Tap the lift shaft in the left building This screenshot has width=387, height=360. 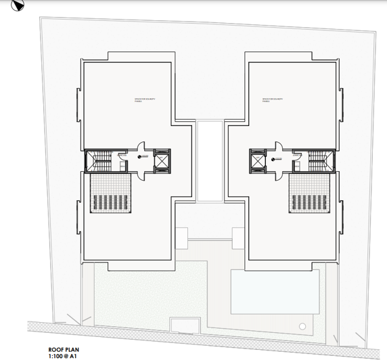pos(162,160)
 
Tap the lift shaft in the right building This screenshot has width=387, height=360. pos(258,160)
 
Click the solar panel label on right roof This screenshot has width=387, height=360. pos(271,100)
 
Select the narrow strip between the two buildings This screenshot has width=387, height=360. pos(210,160)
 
